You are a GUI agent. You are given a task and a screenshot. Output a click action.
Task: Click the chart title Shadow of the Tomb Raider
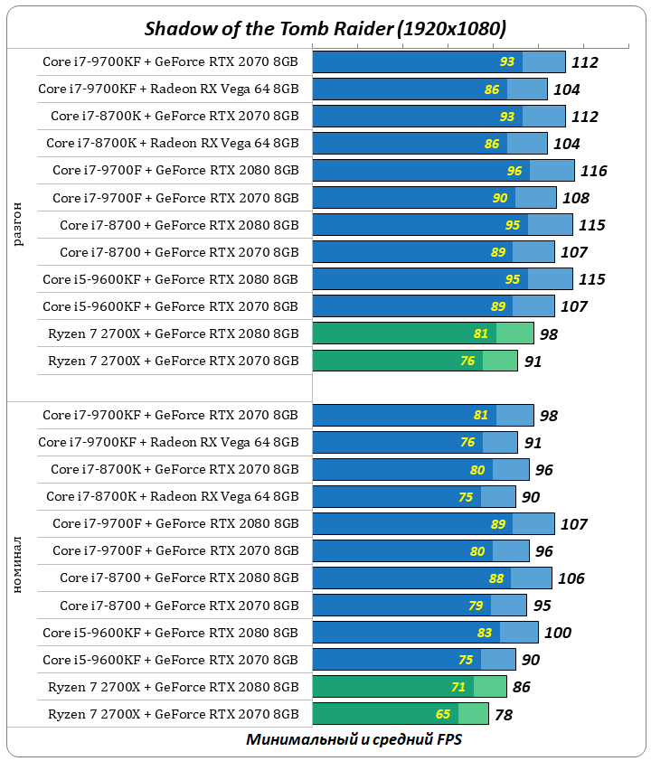(x=325, y=29)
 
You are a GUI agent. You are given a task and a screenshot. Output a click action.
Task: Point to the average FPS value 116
(x=593, y=171)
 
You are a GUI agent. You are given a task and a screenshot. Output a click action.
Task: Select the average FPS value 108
(x=575, y=198)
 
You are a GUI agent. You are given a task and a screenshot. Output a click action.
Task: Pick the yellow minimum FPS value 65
(x=443, y=714)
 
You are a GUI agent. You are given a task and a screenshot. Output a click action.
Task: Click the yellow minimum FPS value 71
(x=458, y=687)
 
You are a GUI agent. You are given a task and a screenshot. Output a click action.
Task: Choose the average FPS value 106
(x=571, y=578)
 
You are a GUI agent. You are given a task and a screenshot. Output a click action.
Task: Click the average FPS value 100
(x=557, y=633)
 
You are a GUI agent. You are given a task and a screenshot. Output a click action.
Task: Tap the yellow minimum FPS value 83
(x=485, y=633)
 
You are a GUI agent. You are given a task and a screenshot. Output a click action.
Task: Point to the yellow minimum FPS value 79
(x=476, y=606)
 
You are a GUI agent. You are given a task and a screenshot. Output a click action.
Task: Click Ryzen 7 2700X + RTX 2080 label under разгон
(x=173, y=334)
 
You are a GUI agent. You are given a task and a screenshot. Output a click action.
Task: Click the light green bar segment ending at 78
(x=473, y=714)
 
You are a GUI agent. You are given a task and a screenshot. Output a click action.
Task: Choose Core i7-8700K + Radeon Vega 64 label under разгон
(x=172, y=144)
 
